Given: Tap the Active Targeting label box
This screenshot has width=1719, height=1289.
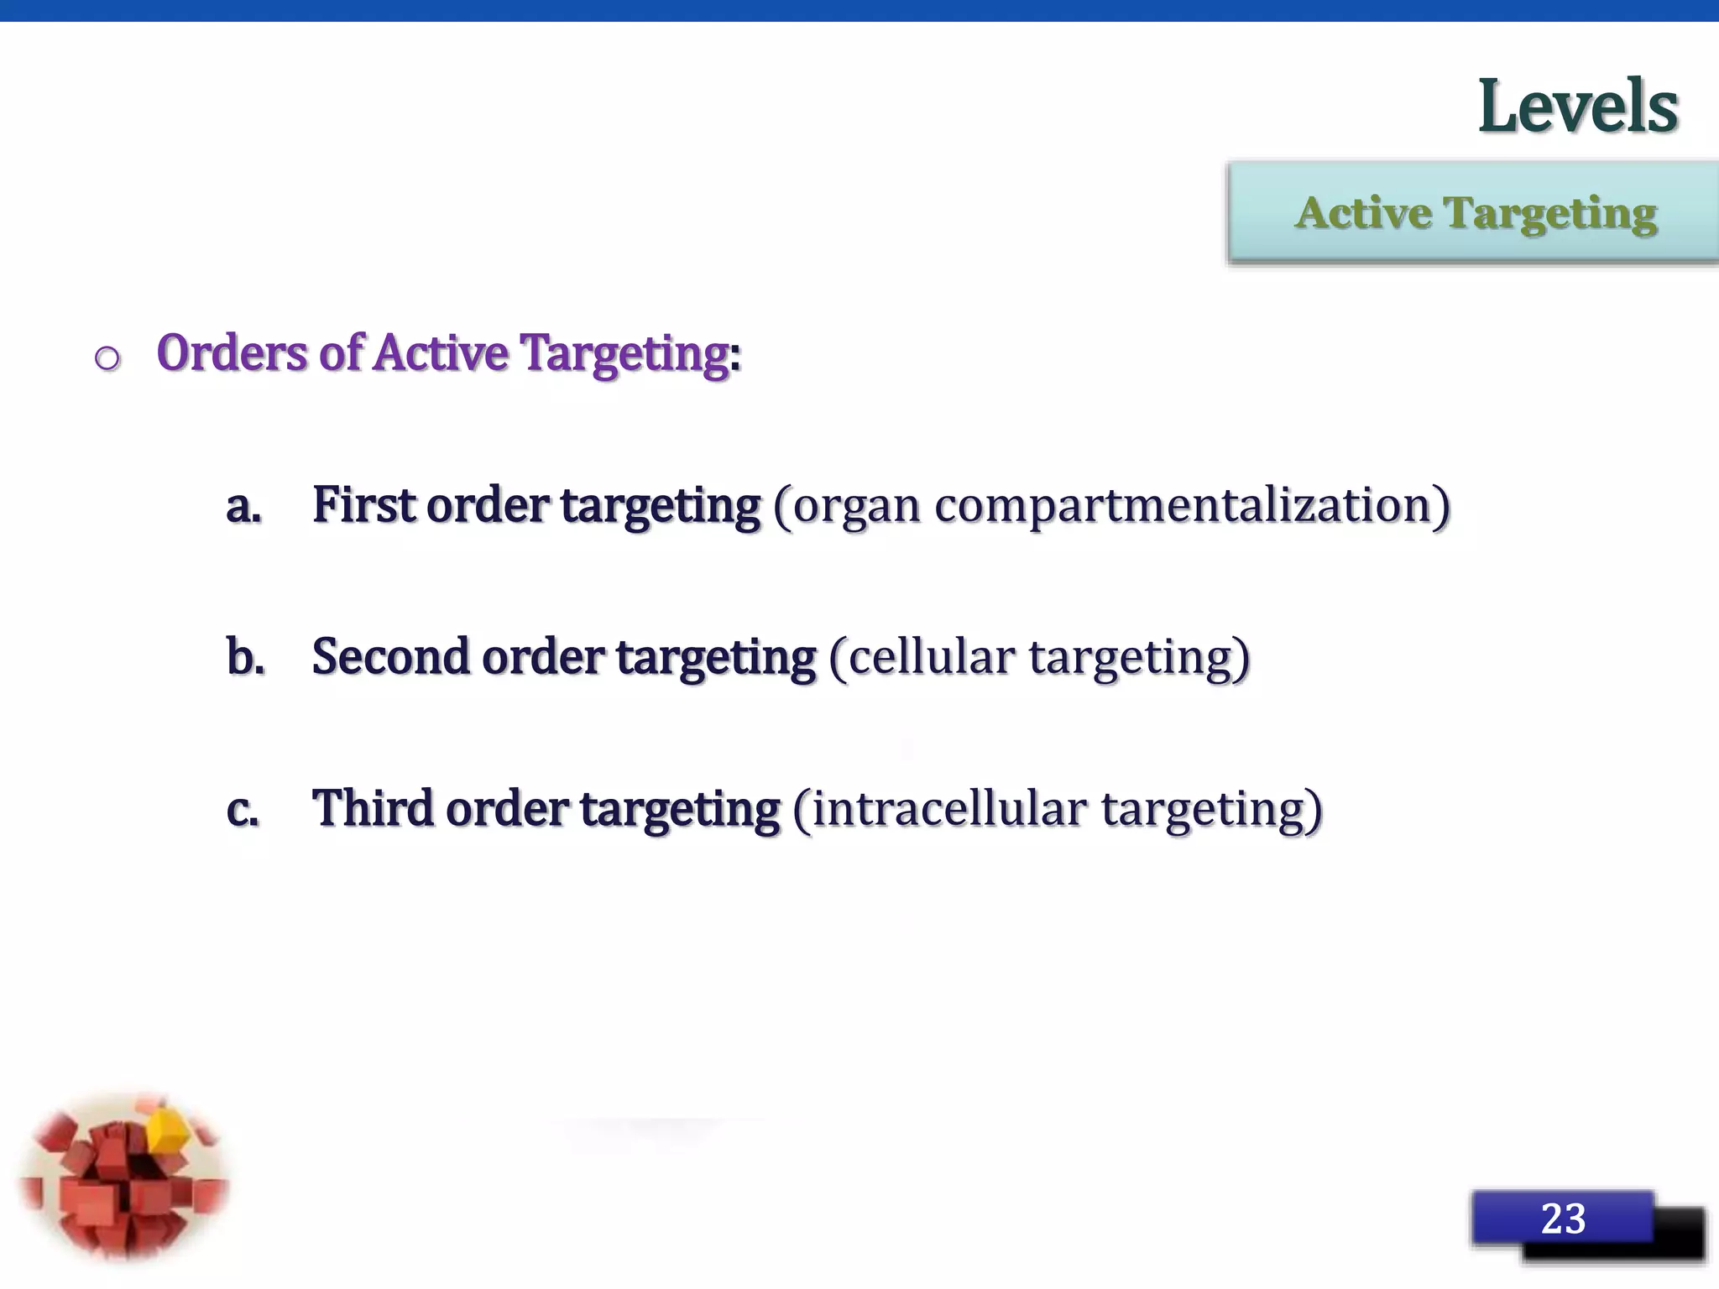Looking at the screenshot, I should point(1474,213).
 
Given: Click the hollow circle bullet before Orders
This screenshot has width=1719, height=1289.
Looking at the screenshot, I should point(107,359).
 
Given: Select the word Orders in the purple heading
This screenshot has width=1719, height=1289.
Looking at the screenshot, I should point(232,352).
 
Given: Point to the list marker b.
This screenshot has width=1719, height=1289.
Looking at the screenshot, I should point(245,657).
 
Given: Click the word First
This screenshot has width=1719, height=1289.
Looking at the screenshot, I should point(363,505).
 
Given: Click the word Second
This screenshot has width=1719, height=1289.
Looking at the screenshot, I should point(390,657).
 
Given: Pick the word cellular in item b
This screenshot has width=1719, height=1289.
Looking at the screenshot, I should point(931,657).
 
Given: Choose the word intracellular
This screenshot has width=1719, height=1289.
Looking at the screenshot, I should point(949,809).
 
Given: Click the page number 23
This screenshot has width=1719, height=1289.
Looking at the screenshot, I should point(1562,1218).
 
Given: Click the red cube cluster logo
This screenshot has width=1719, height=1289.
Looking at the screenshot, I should point(124,1179).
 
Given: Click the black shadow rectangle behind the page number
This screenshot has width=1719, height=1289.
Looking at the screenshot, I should point(1679,1238).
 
